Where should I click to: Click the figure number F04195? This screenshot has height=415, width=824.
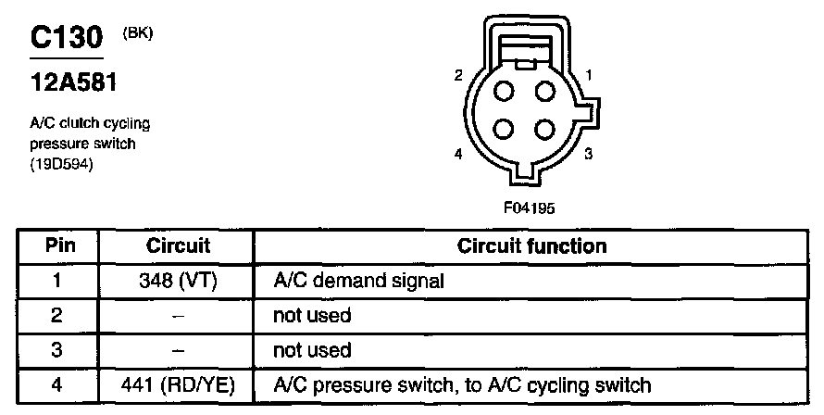(x=529, y=208)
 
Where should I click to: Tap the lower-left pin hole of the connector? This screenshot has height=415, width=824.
(x=506, y=129)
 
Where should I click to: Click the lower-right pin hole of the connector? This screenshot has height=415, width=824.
(x=544, y=129)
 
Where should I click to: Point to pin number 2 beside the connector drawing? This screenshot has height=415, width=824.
(x=458, y=76)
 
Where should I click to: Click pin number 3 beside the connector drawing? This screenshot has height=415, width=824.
(x=588, y=154)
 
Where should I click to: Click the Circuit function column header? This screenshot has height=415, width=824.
(x=532, y=246)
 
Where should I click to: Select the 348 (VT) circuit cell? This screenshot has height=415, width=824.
(x=178, y=281)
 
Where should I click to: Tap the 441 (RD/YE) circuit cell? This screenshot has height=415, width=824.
(x=178, y=384)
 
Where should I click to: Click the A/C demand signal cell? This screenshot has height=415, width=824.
(x=353, y=281)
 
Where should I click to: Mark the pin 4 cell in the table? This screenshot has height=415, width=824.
(x=57, y=384)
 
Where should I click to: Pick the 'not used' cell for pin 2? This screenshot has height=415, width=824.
(x=312, y=316)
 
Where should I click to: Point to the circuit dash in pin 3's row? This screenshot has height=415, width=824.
(x=178, y=350)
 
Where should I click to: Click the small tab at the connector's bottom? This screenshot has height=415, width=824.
(x=524, y=172)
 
